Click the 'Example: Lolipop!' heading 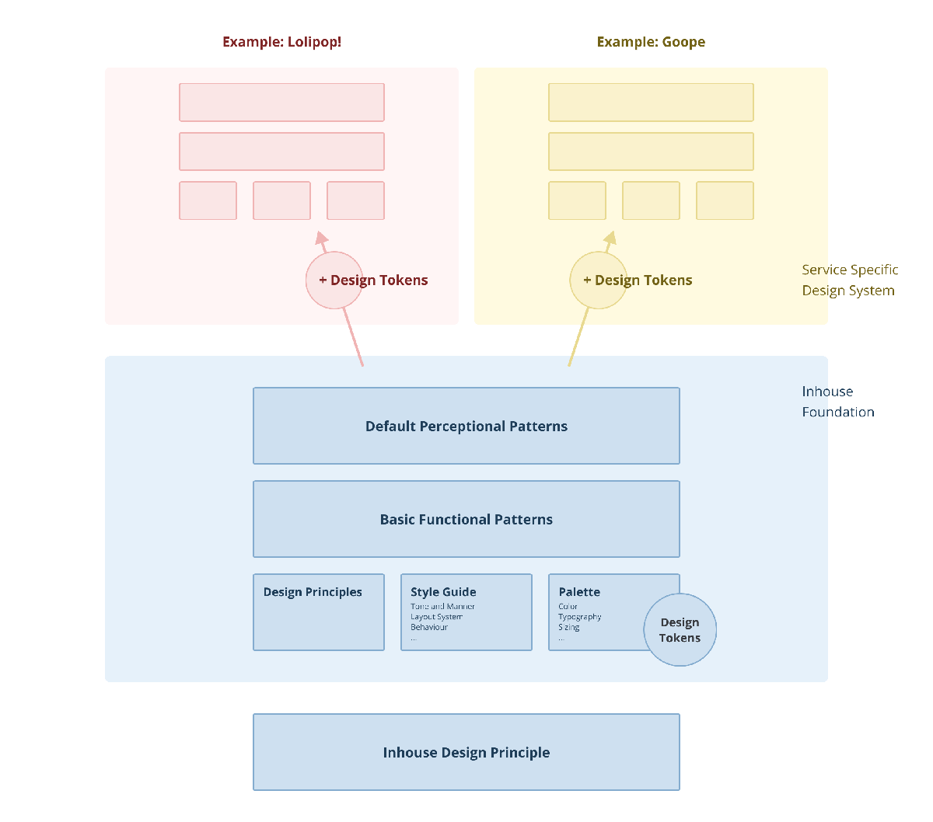[x=281, y=42]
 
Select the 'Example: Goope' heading [x=651, y=42]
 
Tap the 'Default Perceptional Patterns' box [x=466, y=426]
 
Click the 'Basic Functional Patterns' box [x=466, y=519]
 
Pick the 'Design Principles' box [x=319, y=612]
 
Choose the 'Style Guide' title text [x=443, y=592]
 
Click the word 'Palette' [x=579, y=592]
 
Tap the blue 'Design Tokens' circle [x=680, y=630]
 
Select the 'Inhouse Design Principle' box [x=466, y=752]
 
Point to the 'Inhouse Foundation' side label [x=838, y=402]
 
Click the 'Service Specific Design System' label [x=850, y=280]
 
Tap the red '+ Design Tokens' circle [x=334, y=280]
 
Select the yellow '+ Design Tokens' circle [x=598, y=280]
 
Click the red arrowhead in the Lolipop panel [x=321, y=239]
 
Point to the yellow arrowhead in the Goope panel [x=610, y=239]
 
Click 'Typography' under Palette [x=580, y=617]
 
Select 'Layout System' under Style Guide [x=436, y=617]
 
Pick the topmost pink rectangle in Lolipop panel [x=281, y=103]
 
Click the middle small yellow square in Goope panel [x=651, y=200]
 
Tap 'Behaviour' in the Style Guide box [x=429, y=627]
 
